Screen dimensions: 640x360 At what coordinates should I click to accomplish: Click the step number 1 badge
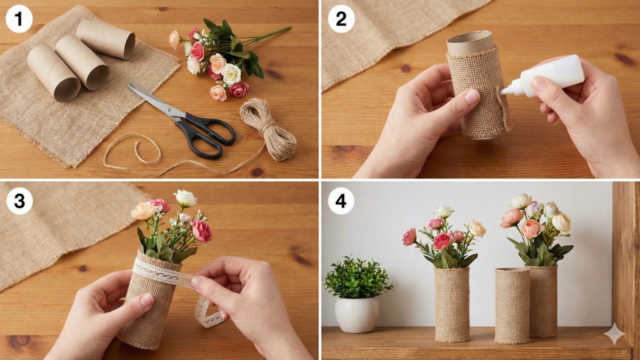pyautogui.click(x=19, y=19)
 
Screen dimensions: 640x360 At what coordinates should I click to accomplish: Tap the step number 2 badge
pyautogui.click(x=341, y=19)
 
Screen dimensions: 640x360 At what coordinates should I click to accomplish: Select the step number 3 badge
pyautogui.click(x=19, y=201)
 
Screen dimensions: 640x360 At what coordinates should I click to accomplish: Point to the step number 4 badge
pyautogui.click(x=341, y=201)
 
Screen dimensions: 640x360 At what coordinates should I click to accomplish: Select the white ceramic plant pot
pyautogui.click(x=357, y=315)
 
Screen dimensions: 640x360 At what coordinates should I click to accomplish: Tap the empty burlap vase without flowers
pyautogui.click(x=512, y=306)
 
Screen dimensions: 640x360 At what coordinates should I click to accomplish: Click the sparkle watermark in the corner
pyautogui.click(x=614, y=334)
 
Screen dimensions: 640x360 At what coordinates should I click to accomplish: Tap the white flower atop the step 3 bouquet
pyautogui.click(x=186, y=198)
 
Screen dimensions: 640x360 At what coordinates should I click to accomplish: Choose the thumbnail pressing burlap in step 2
pyautogui.click(x=472, y=97)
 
